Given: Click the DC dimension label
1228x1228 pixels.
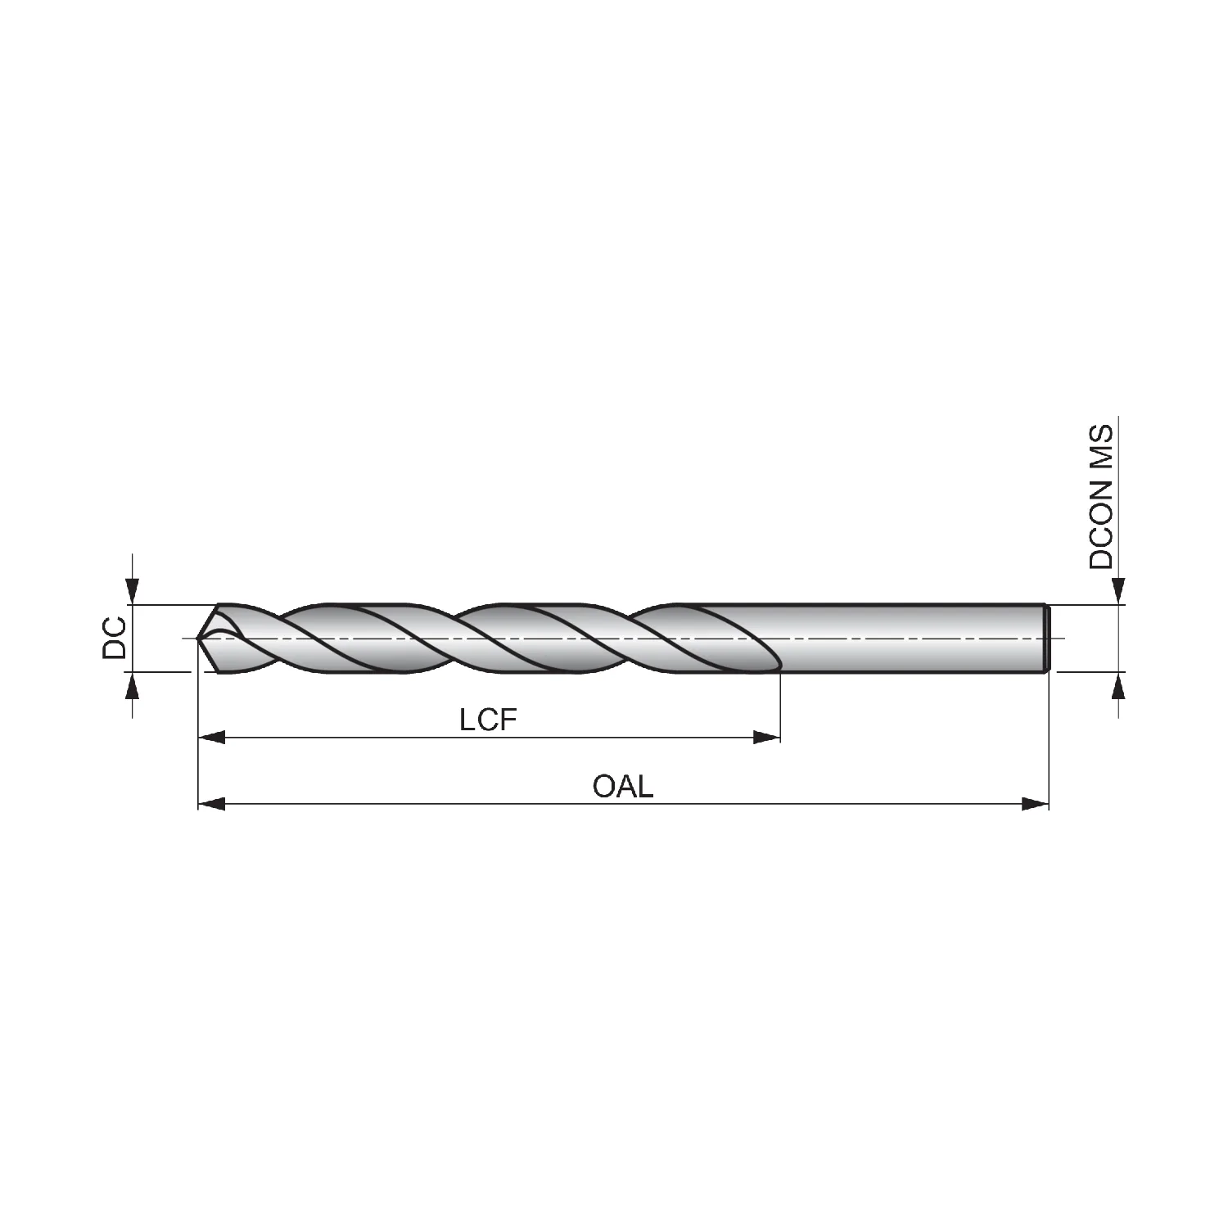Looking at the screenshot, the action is pos(115,638).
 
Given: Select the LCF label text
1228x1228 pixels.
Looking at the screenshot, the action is pos(489,720).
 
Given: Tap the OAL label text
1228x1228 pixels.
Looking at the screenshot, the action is pos(623,787).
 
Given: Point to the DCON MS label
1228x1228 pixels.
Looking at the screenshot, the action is pos(1101,496).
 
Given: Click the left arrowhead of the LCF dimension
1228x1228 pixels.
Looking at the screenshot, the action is pos(212,738).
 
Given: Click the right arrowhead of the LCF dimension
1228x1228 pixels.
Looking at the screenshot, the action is pos(766,738).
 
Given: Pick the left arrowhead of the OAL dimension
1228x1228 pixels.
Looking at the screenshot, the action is pos(212,804).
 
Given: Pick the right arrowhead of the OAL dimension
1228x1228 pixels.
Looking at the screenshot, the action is pos(1035,804).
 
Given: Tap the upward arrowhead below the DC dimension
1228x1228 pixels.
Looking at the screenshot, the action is pos(133,685).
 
